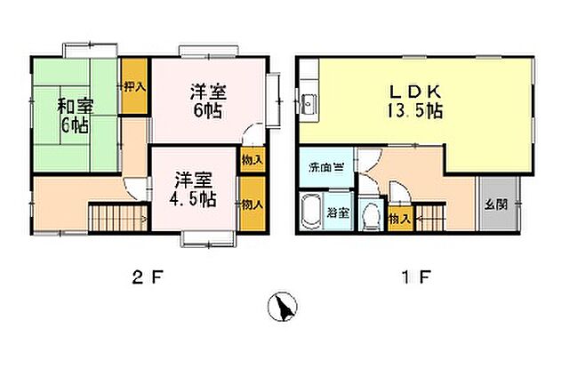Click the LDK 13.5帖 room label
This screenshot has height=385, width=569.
pyautogui.click(x=415, y=100)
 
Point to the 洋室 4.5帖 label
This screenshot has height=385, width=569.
pyautogui.click(x=194, y=188)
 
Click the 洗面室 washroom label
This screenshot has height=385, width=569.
pyautogui.click(x=323, y=167)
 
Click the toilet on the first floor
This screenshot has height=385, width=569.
pyautogui.click(x=371, y=217)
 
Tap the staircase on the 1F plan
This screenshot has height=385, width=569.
pyautogui.click(x=429, y=217)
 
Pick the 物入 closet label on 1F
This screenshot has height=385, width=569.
pyautogui.click(x=399, y=218)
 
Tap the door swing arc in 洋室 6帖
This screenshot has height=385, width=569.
pyautogui.click(x=254, y=137)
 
